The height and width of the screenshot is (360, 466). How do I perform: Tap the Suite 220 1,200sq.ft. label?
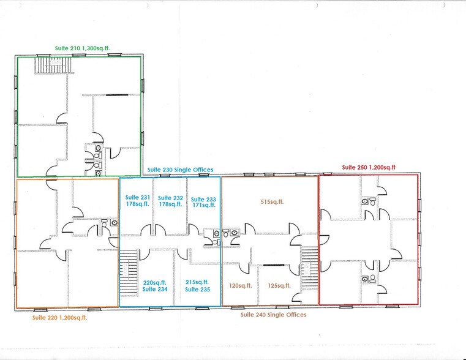pyautogui.click(x=59, y=318)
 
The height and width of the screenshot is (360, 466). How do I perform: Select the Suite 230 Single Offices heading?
pyautogui.click(x=179, y=170)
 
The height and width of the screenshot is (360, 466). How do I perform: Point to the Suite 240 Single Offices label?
pyautogui.click(x=273, y=315)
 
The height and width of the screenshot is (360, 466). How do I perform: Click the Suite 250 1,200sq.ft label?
pyautogui.click(x=369, y=167)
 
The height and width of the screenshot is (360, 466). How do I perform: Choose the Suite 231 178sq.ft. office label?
pyautogui.click(x=138, y=201)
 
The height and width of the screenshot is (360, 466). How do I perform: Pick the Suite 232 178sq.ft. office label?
pyautogui.click(x=170, y=201)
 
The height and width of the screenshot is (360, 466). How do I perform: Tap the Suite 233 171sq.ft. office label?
pyautogui.click(x=203, y=202)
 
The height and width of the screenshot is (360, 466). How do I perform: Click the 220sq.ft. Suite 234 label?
pyautogui.click(x=155, y=286)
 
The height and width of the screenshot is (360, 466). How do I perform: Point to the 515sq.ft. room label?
pyautogui.click(x=272, y=201)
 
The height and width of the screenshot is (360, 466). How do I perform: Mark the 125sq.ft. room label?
pyautogui.click(x=279, y=285)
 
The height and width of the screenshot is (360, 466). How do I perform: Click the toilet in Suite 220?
pyautogui.click(x=104, y=222)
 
